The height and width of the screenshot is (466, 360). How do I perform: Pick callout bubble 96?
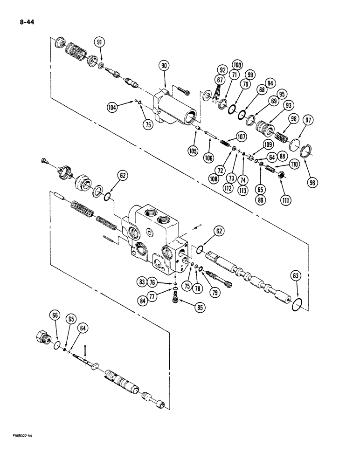coord(312,183)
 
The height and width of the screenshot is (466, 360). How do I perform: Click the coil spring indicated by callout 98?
coord(280,137)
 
